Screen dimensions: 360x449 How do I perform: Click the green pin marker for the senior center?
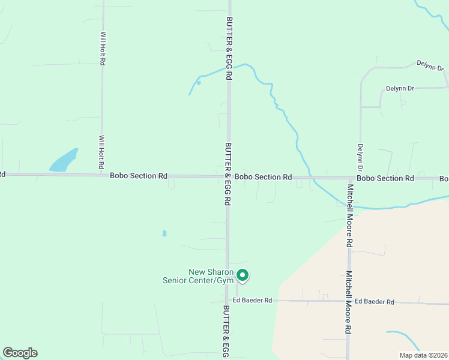(243, 275)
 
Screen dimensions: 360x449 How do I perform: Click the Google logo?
(20, 353)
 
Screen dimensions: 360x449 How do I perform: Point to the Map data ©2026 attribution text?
(423, 355)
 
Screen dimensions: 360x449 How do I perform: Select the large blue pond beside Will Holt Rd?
(64, 161)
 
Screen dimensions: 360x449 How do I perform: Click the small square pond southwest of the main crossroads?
(164, 233)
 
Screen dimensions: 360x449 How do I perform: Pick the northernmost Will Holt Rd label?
(103, 49)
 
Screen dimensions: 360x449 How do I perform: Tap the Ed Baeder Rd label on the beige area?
(374, 302)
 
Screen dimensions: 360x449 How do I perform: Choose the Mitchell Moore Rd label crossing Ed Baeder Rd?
(348, 302)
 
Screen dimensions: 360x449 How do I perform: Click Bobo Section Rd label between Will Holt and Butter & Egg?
(139, 176)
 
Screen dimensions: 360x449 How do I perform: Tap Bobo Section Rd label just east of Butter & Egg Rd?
(263, 177)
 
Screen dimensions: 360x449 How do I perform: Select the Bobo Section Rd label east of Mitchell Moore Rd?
(385, 178)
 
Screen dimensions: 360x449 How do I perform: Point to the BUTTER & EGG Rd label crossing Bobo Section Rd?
(228, 174)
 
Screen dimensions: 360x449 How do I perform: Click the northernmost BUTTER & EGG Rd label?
(229, 48)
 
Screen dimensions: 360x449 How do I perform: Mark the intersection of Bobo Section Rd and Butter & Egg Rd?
(228, 176)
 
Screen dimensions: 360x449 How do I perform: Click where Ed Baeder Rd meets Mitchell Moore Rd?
(348, 302)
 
